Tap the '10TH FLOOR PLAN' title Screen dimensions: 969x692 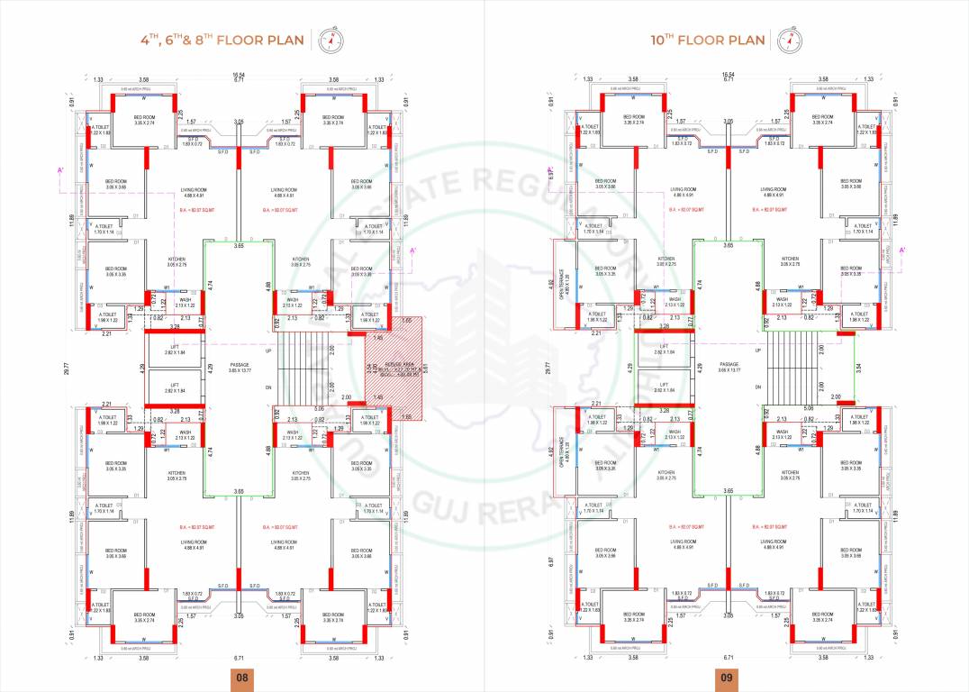(x=707, y=40)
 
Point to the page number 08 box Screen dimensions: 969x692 (x=241, y=678)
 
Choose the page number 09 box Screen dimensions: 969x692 (x=726, y=678)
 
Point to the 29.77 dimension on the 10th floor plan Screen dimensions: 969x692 (x=548, y=368)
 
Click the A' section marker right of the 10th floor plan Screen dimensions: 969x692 (x=902, y=250)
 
